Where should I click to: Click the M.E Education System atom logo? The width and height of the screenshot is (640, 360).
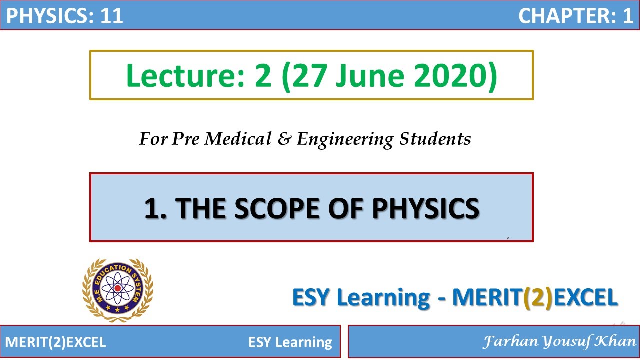click(x=118, y=290)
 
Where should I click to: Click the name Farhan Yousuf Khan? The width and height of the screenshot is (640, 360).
click(x=559, y=342)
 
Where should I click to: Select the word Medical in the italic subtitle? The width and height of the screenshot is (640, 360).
click(x=236, y=139)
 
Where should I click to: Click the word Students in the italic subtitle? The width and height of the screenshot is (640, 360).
click(x=435, y=139)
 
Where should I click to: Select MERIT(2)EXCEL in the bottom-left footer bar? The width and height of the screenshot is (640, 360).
click(x=56, y=342)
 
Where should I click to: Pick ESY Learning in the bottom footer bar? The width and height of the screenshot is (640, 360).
click(x=290, y=342)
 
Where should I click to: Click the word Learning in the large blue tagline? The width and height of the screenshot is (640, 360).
click(x=383, y=298)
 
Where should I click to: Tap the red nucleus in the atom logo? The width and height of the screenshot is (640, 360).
click(x=117, y=288)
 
